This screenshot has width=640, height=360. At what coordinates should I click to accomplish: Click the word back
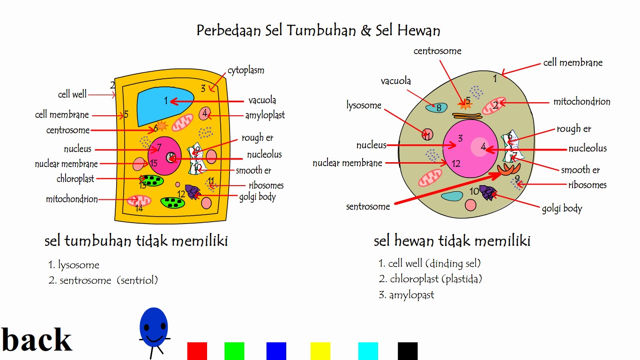click(37, 339)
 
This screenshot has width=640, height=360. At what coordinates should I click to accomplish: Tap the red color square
click(197, 351)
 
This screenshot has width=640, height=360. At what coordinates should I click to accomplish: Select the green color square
click(234, 351)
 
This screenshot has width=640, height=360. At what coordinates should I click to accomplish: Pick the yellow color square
click(320, 351)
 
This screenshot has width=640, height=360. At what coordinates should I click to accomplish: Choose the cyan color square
click(368, 351)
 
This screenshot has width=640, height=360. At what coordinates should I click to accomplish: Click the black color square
click(408, 351)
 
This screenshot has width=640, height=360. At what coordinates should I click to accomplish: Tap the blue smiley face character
click(154, 328)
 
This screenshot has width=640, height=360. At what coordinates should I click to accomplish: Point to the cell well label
click(72, 94)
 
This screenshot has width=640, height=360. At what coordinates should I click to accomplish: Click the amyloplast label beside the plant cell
click(265, 115)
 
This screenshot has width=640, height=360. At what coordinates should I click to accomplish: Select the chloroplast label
click(75, 179)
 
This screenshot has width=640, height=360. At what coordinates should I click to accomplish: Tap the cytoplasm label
click(246, 70)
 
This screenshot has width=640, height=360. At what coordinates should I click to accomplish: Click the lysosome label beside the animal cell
click(364, 105)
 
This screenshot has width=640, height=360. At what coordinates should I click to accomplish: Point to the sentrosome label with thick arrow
click(368, 206)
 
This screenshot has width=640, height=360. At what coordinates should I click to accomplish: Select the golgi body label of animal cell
click(562, 208)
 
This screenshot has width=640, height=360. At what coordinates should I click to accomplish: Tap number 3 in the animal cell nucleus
click(461, 138)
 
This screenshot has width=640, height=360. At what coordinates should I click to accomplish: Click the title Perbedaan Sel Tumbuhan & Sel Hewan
click(318, 30)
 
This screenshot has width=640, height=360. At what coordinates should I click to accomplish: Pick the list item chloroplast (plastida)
click(436, 279)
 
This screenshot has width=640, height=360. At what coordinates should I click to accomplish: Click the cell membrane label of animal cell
click(573, 62)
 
